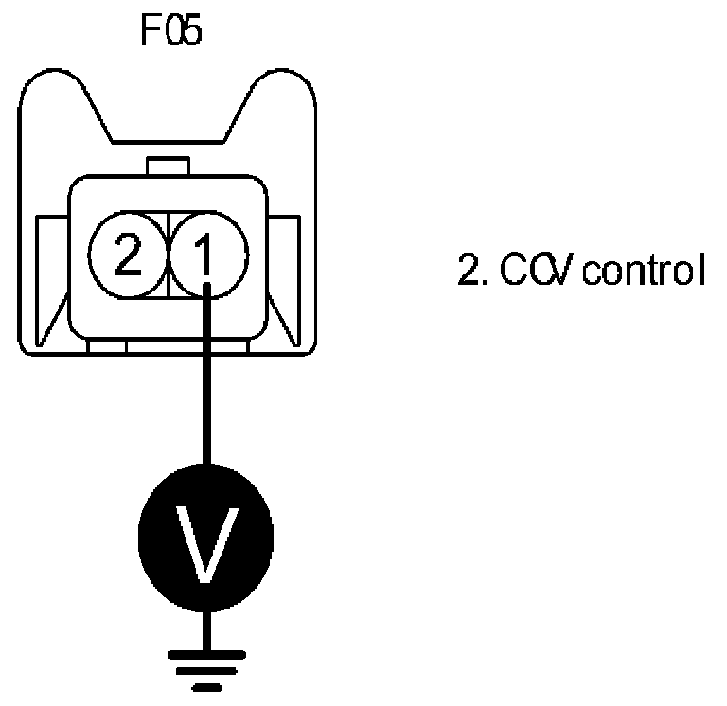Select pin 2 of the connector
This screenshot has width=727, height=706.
coord(127,256)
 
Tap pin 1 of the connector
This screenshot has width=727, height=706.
coord(208,256)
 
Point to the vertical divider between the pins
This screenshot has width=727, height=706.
coord(168,256)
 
